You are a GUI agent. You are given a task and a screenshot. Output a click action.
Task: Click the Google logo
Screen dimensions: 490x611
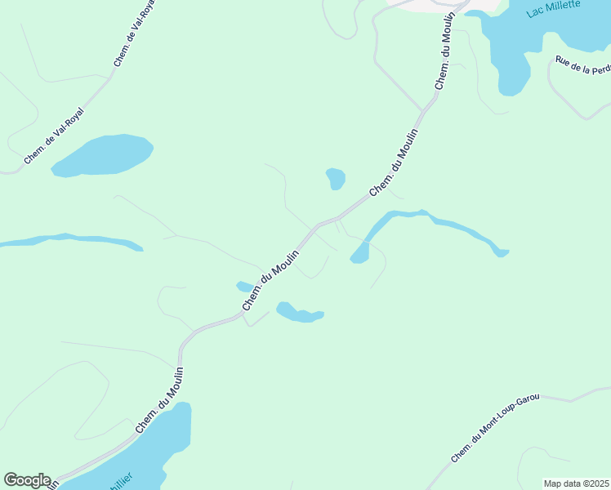click(27, 480)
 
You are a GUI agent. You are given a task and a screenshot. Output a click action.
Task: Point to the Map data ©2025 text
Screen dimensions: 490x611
click(576, 483)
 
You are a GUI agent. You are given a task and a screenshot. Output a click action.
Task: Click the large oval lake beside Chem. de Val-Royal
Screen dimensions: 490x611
click(102, 155)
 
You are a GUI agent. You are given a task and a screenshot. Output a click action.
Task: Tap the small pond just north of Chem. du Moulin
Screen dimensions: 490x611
click(336, 178)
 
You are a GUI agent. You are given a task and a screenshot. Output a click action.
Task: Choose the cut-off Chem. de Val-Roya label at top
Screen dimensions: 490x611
click(134, 33)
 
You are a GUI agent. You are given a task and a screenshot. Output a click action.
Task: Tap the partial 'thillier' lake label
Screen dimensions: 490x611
click(118, 477)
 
